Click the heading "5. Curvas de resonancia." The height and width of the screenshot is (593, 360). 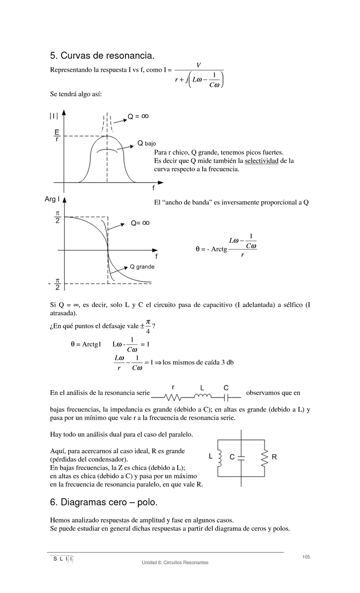click(102, 56)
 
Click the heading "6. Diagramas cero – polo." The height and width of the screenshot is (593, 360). click(104, 502)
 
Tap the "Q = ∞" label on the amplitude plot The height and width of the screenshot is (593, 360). click(138, 116)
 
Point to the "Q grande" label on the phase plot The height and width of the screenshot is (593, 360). click(142, 267)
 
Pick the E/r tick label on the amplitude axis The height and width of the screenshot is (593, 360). click(56, 136)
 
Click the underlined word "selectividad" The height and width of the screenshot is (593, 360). click(261, 161)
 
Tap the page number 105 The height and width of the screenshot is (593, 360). click(306, 557)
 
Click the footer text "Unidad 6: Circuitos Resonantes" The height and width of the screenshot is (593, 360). click(175, 563)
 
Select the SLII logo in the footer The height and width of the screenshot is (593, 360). click(61, 559)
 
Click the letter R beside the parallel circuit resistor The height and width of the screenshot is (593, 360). click(274, 457)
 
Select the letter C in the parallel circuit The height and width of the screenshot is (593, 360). click(232, 457)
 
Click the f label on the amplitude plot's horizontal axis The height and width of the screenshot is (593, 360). click(153, 187)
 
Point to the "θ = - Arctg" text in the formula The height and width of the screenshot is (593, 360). click(211, 249)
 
